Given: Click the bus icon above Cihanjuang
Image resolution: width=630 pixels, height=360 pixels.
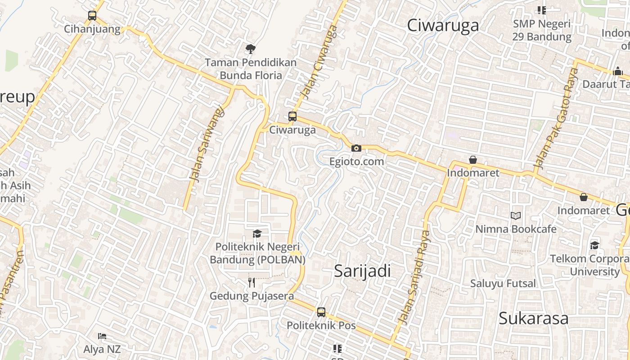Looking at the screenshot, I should click(x=92, y=16).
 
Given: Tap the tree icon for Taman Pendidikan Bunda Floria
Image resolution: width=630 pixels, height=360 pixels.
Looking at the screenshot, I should click(x=251, y=49).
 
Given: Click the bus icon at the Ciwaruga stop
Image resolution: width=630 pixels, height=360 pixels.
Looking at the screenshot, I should click(x=292, y=117).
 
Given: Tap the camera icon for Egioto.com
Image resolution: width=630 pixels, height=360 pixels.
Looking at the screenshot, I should click(x=356, y=148).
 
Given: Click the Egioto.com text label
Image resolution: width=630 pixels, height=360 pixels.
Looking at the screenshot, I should click(x=356, y=161).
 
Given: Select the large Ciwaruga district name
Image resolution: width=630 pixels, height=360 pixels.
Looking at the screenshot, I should click(x=443, y=26).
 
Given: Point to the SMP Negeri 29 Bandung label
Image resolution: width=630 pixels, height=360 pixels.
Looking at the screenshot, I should click(x=542, y=30).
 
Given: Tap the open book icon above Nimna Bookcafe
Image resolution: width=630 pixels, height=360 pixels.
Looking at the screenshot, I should click(x=516, y=216).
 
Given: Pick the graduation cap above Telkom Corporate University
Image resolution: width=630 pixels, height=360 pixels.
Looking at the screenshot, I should click(x=594, y=245).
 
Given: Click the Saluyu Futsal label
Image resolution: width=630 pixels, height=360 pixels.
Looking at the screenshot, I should click(x=503, y=283).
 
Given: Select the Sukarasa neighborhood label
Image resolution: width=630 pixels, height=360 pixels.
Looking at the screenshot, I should click(x=533, y=318).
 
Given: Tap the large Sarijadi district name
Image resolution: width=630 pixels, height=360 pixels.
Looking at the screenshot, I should click(x=362, y=271).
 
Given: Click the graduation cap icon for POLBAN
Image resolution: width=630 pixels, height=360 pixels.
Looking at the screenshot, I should click(x=257, y=234).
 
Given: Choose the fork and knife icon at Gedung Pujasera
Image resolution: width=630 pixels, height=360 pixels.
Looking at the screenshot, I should click(x=252, y=283).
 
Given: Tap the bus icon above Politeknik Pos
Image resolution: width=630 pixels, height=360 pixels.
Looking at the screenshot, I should click(x=321, y=312).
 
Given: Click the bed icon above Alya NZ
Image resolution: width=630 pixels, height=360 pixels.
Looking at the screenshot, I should click(x=102, y=336).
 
